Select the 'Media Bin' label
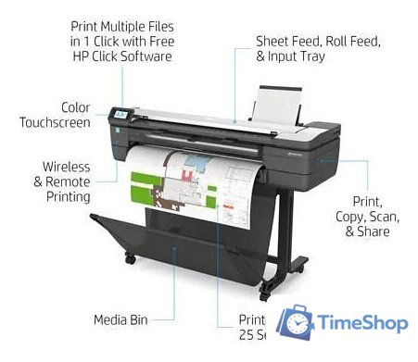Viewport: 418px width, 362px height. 121,320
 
